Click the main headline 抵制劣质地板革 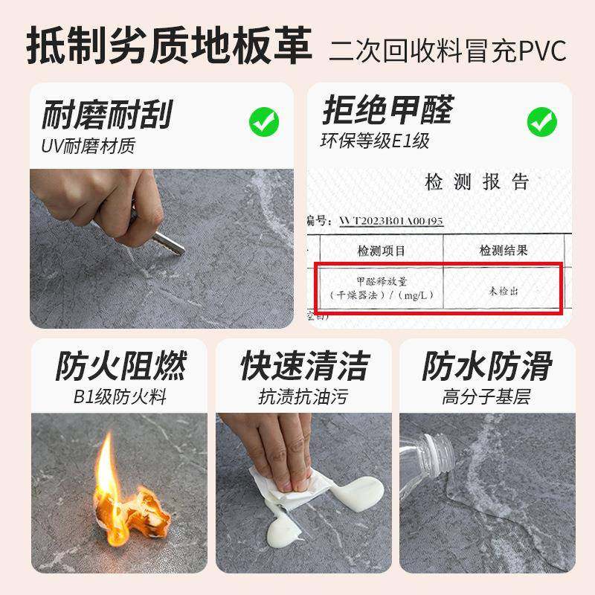click(168, 46)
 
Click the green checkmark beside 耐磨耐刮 click(263, 120)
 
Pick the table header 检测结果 click(504, 251)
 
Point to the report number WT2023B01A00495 click(391, 220)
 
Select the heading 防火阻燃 click(120, 366)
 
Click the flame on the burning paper click(107, 476)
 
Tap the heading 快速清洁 click(304, 366)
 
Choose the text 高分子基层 click(486, 397)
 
